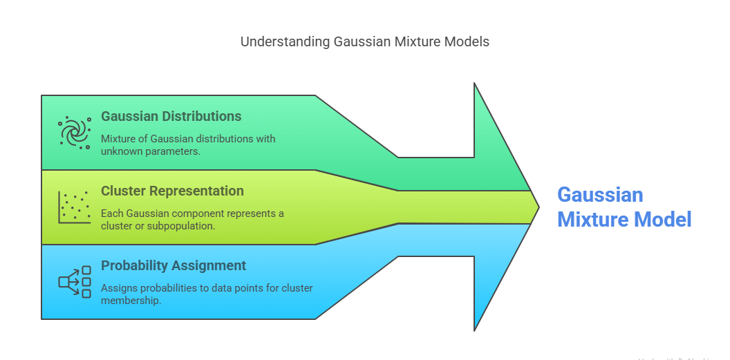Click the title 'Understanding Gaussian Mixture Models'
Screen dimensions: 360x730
pos(364,41)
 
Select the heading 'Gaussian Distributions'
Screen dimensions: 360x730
pos(171,116)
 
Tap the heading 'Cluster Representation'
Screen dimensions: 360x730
pos(172,191)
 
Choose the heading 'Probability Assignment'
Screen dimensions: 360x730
pos(174,265)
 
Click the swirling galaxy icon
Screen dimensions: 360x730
pos(75,132)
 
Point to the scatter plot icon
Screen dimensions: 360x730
pos(75,207)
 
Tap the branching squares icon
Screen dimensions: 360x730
pos(75,281)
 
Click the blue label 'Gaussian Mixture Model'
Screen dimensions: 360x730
pos(624,207)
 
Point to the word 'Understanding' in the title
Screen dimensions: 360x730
pos(285,41)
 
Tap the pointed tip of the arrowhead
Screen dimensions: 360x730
pos(539,207)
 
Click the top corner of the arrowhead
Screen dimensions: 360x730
pos(475,84)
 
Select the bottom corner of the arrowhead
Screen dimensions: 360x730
pos(475,329)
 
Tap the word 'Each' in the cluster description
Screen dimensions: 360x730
pos(112,214)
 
